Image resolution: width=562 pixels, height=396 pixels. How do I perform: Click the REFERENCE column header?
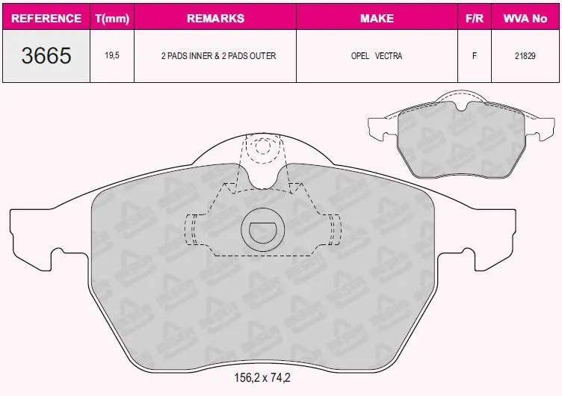46,18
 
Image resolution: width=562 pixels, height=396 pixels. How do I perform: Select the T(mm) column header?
112,18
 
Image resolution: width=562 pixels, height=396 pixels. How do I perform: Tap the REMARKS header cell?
215,18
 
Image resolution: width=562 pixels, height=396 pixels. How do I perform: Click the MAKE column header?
377,18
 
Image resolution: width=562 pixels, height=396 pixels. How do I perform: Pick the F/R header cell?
474,18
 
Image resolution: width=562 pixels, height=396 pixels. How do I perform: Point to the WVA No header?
525,18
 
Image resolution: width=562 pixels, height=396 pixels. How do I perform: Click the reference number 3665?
46,56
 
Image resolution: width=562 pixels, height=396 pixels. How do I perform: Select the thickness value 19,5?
112,55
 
